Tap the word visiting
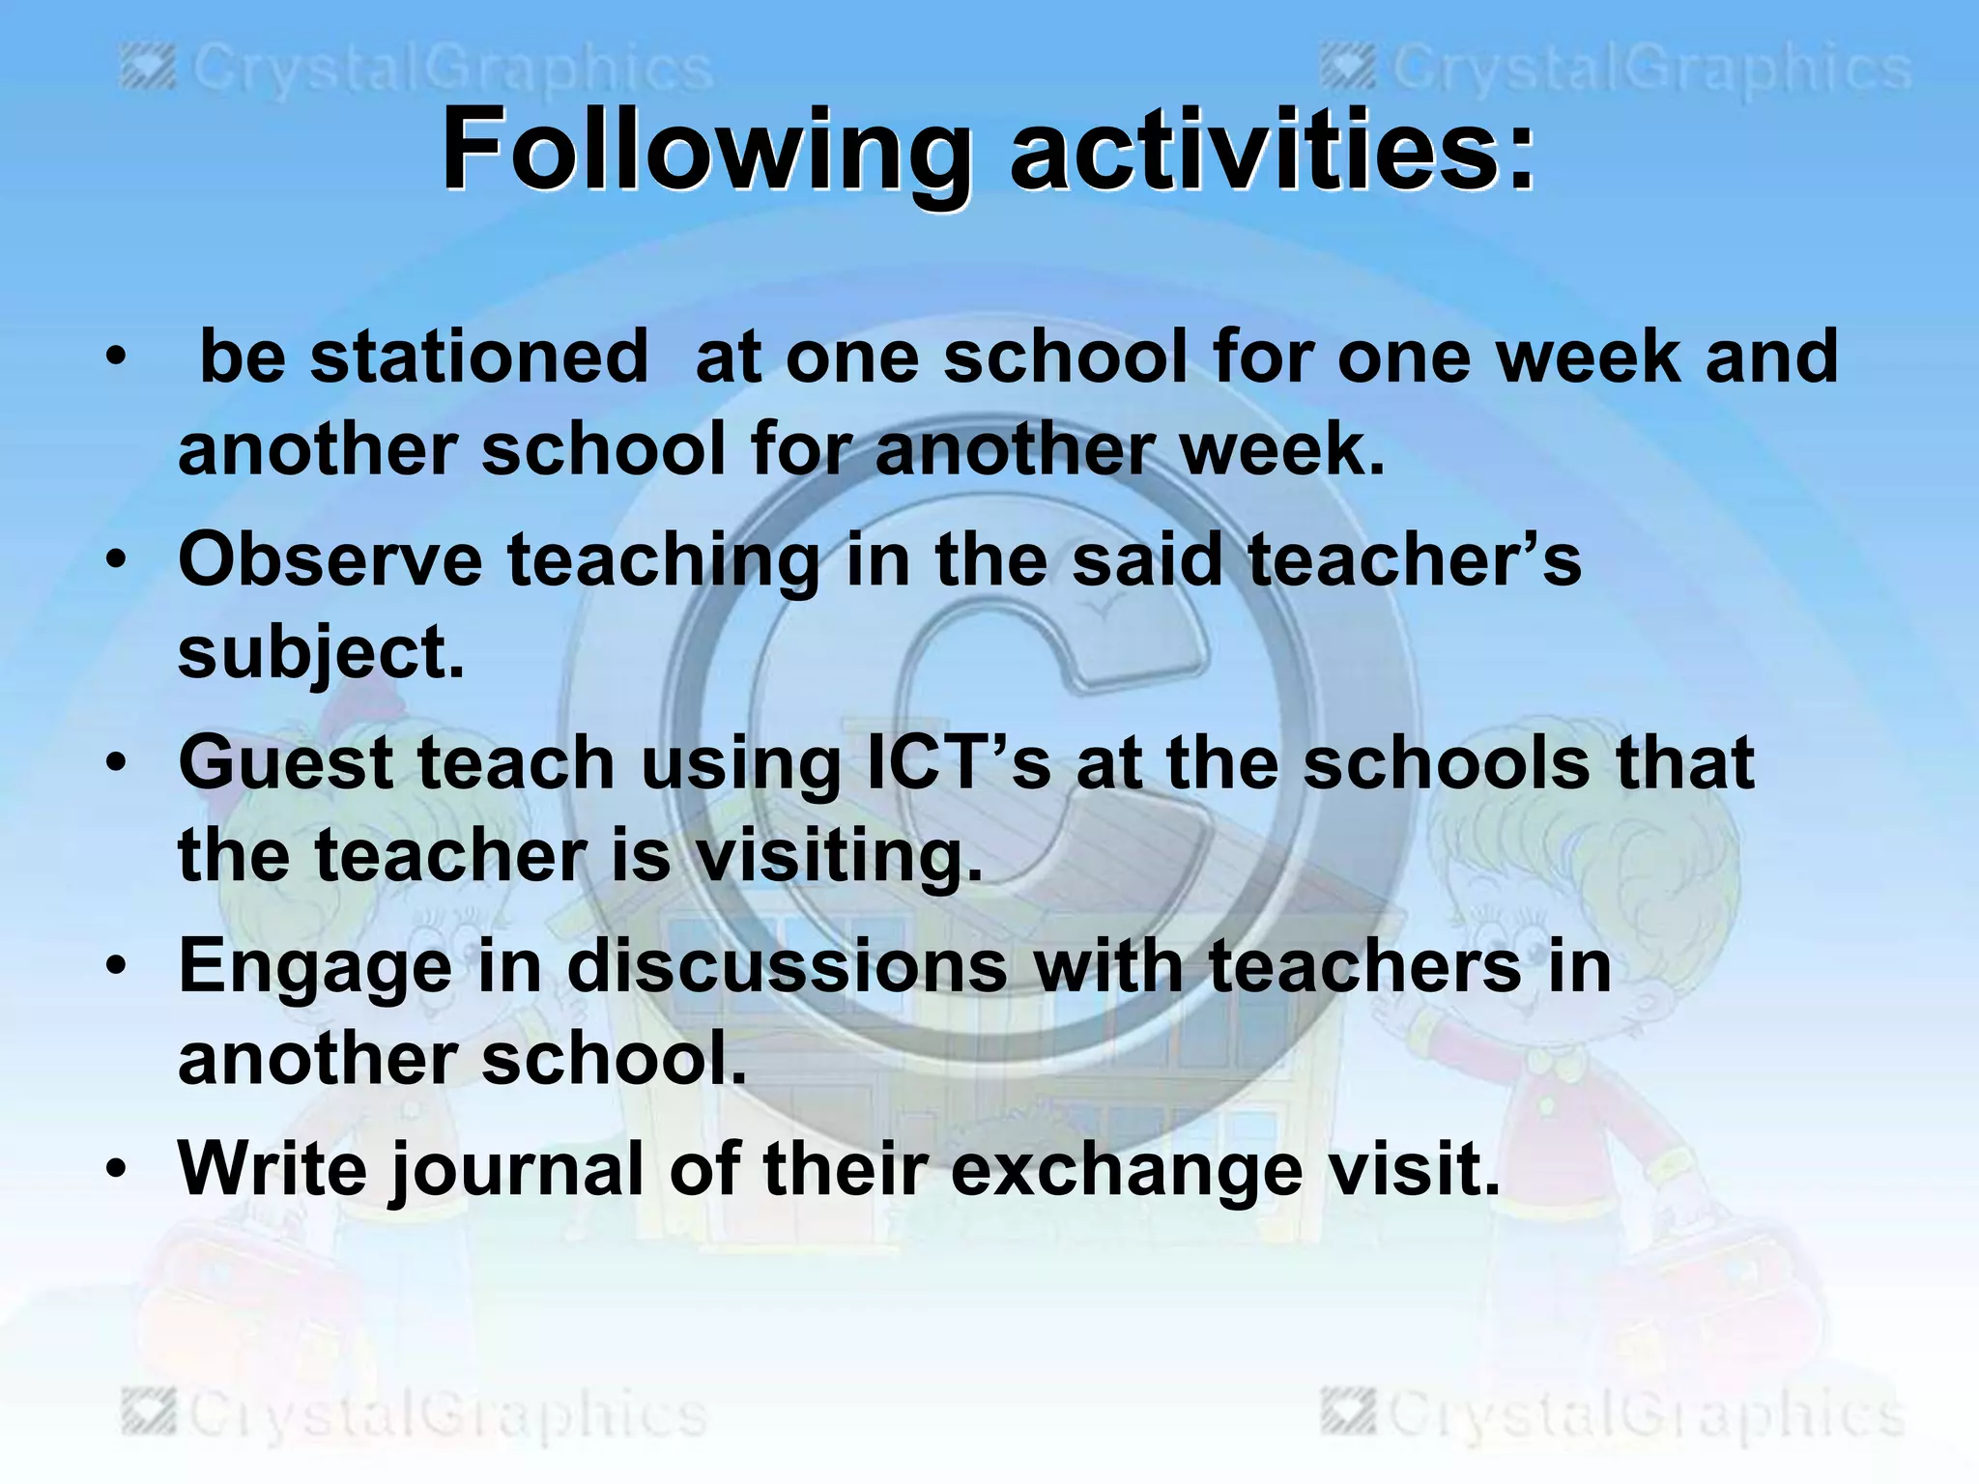coord(839,856)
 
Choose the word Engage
coord(315,968)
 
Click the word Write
coord(272,1169)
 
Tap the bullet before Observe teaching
coord(117,560)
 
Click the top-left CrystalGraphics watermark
coord(416,70)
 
